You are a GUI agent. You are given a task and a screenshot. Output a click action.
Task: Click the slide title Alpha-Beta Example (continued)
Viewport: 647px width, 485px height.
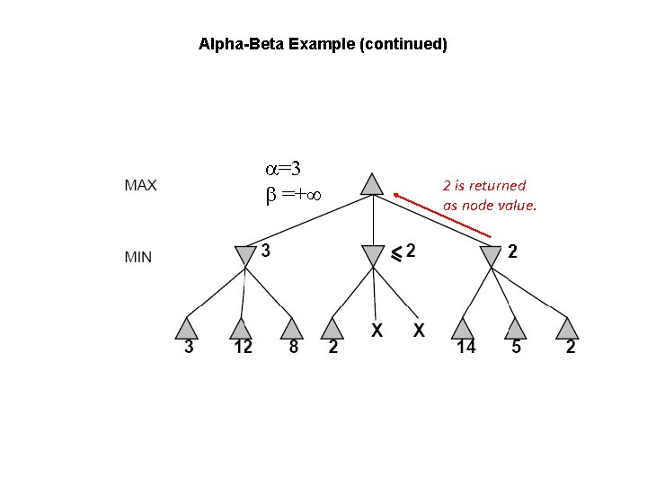[323, 43]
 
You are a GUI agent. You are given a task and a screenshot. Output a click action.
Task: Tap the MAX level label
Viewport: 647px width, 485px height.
[140, 186]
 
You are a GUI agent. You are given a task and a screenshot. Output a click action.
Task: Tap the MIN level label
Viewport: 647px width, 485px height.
[138, 257]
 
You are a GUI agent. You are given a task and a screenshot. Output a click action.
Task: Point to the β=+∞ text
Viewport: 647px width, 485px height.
[293, 194]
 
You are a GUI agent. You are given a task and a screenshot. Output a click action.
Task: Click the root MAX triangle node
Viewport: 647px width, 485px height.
[371, 185]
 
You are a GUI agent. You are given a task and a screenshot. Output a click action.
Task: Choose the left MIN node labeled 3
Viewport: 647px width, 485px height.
[244, 256]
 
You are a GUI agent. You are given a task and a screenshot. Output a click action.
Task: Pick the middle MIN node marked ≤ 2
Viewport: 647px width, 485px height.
[371, 256]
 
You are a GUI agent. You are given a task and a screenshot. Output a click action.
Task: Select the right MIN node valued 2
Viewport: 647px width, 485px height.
[490, 257]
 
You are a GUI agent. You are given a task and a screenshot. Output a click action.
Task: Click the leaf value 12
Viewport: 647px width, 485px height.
[243, 348]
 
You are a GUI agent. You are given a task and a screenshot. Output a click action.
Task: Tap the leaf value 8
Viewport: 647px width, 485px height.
[293, 348]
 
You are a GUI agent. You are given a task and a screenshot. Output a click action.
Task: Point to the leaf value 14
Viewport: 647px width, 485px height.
[465, 348]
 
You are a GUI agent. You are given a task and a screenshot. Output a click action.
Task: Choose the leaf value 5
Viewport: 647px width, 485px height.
[515, 348]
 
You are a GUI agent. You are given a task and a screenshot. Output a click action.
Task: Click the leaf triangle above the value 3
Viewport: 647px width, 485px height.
[188, 326]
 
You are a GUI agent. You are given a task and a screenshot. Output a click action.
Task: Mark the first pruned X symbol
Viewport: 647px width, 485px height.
[377, 331]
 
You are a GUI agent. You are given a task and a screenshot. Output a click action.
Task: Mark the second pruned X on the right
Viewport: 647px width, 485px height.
[418, 331]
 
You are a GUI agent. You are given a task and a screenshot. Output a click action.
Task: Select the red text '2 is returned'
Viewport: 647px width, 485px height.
[484, 186]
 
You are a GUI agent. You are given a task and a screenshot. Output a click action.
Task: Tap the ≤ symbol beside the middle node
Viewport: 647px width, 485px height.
[393, 254]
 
